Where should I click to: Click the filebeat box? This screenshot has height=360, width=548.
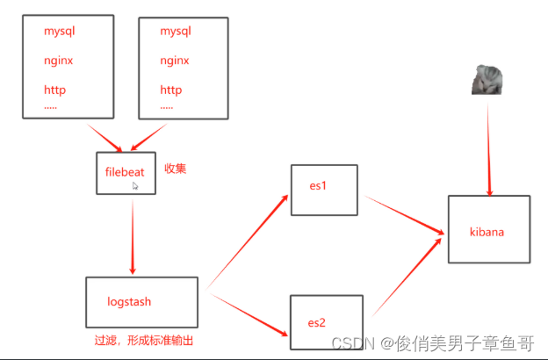point(126,172)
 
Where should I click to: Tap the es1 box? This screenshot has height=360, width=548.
point(324,189)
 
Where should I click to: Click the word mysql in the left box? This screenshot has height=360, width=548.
point(60,32)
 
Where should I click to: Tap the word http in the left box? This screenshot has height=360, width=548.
point(54,90)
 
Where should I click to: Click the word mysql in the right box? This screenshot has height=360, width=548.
point(176,32)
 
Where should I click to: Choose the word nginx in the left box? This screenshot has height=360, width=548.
point(59,61)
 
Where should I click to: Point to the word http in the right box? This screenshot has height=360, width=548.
point(170,90)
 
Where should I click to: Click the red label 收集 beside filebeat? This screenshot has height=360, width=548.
point(176,168)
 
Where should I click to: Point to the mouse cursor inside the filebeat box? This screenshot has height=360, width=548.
point(135,186)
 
